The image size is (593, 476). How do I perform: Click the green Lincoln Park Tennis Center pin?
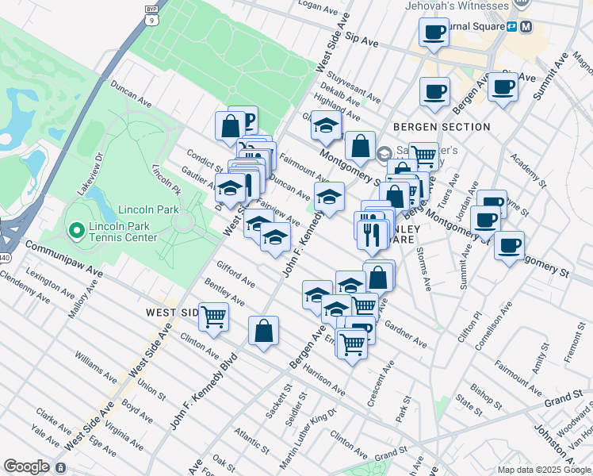77,231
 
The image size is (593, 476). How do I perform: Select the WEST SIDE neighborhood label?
170,313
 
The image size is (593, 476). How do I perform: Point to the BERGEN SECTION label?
442,127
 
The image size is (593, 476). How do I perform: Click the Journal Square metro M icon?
527,26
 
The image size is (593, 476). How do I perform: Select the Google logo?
27,466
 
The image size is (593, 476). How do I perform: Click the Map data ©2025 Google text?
543,470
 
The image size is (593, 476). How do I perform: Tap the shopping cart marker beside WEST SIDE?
214,317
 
